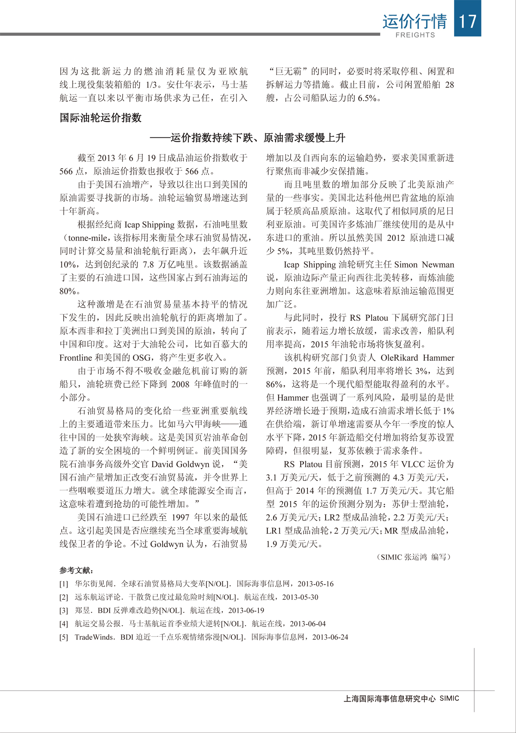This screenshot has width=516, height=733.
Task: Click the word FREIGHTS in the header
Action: [x=415, y=35]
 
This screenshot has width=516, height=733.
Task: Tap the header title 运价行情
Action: [x=415, y=21]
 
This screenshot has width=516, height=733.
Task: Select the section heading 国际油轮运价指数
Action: [x=101, y=118]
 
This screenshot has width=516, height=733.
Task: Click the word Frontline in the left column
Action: [x=76, y=358]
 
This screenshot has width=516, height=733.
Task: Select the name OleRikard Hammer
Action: [x=417, y=358]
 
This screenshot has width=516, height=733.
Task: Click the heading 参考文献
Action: [x=76, y=570]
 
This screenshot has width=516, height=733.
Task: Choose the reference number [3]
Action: [x=64, y=610]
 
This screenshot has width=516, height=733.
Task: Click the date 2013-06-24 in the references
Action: [x=330, y=637]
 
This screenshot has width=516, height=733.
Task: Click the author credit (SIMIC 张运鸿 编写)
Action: [x=414, y=557]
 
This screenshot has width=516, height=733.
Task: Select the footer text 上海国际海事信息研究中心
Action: [x=390, y=699]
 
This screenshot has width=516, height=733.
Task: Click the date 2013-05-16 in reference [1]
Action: [x=315, y=584]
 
